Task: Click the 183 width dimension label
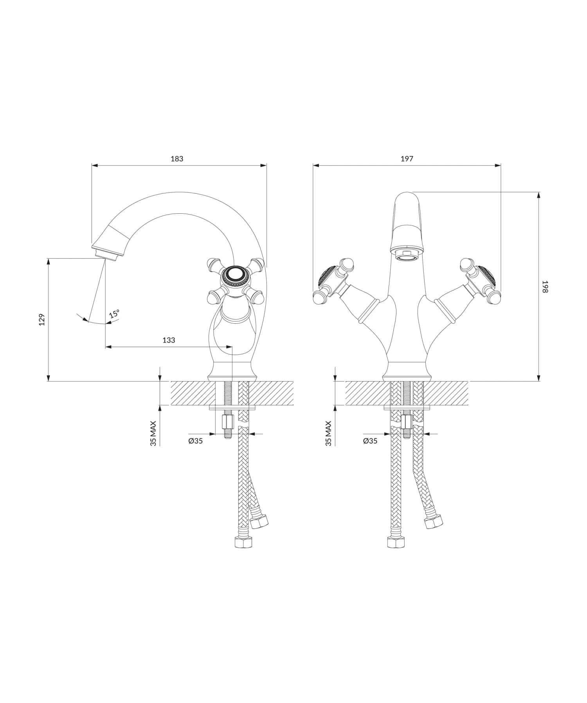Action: click(177, 159)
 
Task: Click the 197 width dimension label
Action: click(407, 159)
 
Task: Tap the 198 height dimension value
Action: click(546, 287)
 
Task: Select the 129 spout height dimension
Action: click(42, 319)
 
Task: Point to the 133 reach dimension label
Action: click(169, 340)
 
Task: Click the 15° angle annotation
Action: click(114, 314)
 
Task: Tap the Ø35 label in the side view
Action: click(195, 441)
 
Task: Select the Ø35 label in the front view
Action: click(370, 441)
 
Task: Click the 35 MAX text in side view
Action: click(153, 433)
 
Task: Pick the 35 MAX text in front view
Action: click(328, 433)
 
